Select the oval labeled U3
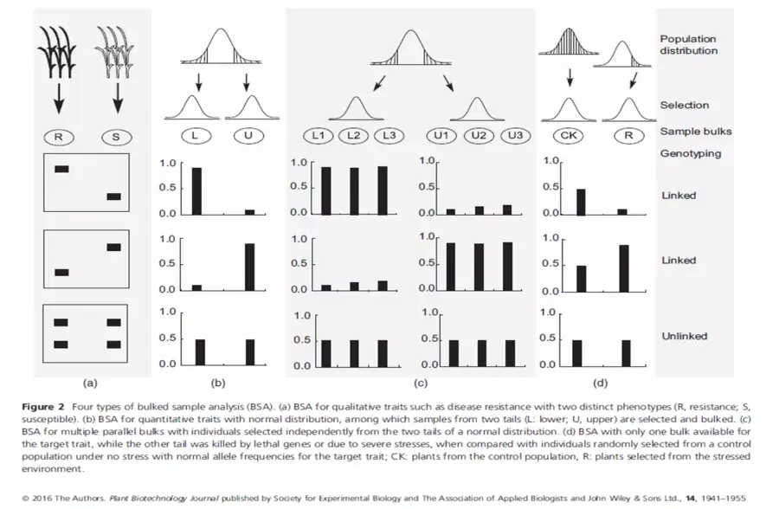514,135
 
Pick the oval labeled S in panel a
111,136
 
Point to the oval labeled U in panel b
248,135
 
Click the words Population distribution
688,44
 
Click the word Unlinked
684,336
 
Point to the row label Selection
684,105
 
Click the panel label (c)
422,381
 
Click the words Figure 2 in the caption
39,405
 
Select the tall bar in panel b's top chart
197,190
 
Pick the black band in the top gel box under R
61,169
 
